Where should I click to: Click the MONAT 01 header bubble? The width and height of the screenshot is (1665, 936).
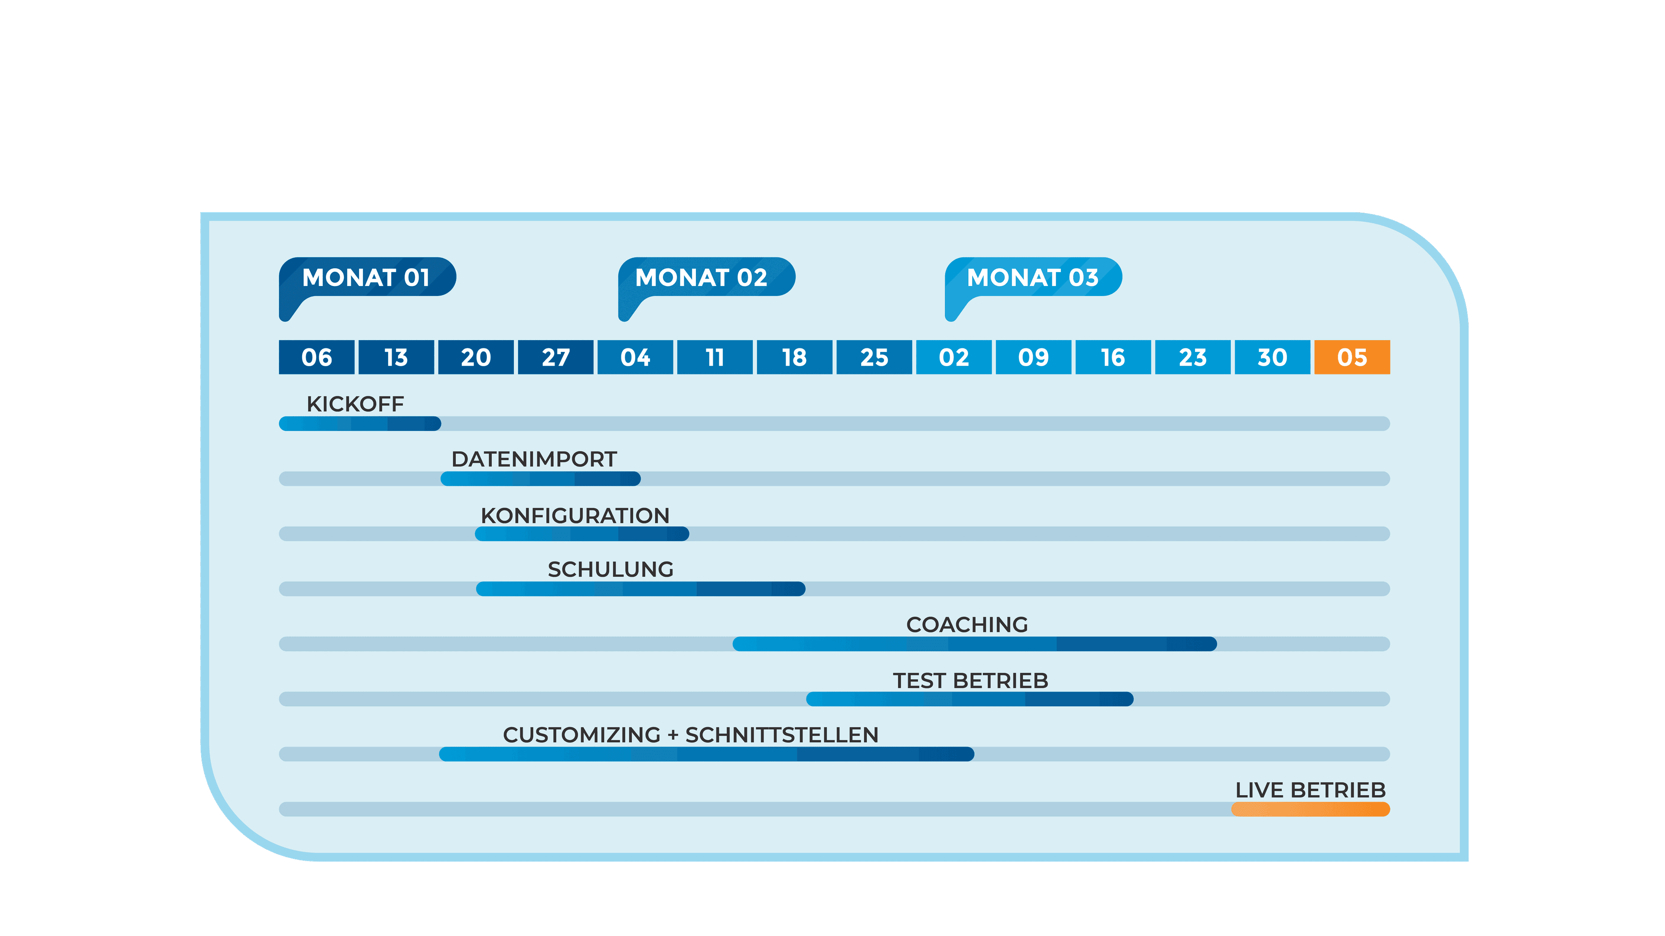click(x=366, y=278)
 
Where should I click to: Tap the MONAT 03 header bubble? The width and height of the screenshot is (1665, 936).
click(x=1033, y=278)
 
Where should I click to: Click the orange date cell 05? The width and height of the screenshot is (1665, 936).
click(x=1352, y=357)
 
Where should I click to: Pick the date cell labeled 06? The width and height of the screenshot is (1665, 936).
click(x=316, y=357)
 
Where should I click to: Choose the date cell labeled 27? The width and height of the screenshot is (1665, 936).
click(x=555, y=357)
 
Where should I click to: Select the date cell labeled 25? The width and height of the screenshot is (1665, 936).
click(x=874, y=357)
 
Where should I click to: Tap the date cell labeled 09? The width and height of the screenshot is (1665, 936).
click(x=1033, y=357)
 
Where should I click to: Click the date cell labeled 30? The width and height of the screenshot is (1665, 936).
click(x=1272, y=357)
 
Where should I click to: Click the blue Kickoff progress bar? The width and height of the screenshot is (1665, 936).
click(x=360, y=424)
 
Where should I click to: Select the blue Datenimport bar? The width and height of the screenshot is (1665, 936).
click(x=540, y=479)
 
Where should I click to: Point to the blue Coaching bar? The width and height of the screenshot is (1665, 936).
click(x=974, y=644)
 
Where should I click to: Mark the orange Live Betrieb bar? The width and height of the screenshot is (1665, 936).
click(x=1310, y=809)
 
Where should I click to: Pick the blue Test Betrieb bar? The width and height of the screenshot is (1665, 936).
click(x=970, y=699)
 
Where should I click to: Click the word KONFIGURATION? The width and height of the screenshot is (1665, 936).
click(x=575, y=516)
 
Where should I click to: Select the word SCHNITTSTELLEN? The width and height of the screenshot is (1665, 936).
click(x=781, y=735)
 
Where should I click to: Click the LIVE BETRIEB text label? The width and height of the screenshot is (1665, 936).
click(x=1310, y=790)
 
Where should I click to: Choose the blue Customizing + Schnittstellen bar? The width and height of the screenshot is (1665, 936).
click(x=706, y=754)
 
